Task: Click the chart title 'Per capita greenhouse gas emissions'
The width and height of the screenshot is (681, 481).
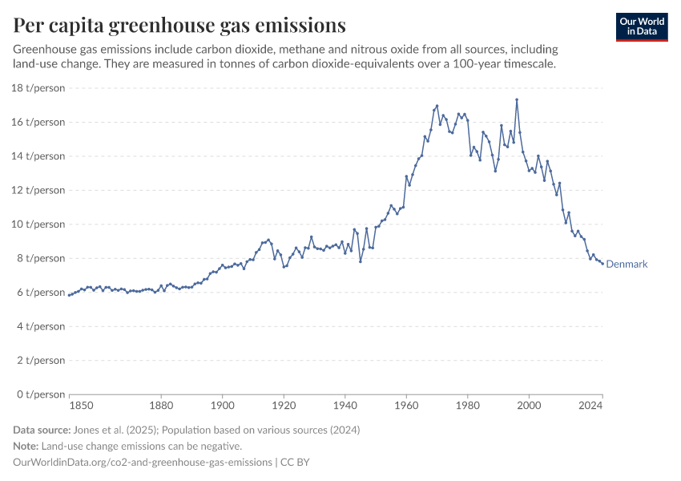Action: click(179, 25)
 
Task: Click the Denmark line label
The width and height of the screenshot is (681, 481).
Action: click(627, 265)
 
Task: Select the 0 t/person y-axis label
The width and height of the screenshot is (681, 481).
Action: click(40, 394)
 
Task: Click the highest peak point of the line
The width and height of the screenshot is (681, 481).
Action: click(517, 99)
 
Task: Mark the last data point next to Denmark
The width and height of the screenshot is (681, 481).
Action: click(602, 264)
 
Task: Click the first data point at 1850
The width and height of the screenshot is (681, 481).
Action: click(70, 295)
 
